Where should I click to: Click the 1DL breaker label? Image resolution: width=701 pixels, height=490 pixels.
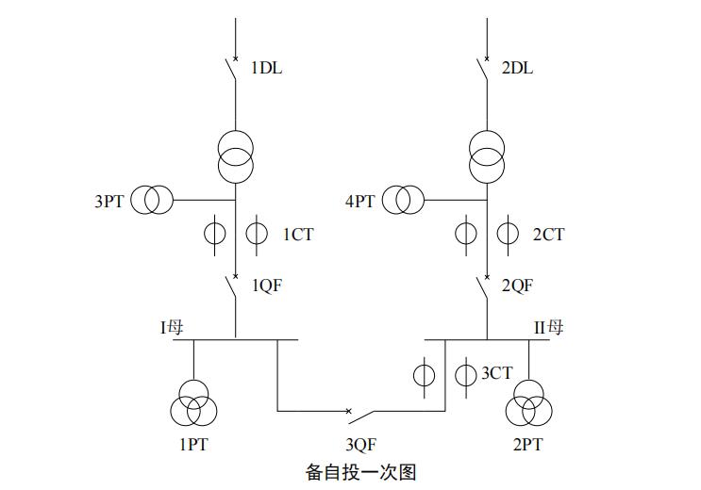[266, 68]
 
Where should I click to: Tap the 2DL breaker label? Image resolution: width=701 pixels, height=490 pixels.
[517, 68]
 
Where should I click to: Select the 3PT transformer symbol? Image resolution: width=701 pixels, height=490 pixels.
[152, 200]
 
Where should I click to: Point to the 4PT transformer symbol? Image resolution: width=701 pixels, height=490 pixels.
[403, 200]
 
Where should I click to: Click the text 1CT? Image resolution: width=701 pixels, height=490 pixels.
[297, 235]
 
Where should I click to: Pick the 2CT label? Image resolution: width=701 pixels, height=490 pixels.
[548, 235]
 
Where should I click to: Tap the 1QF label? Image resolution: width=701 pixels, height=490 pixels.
[266, 286]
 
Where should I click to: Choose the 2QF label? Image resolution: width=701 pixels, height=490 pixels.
[517, 286]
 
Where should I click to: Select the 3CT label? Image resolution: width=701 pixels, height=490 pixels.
[497, 373]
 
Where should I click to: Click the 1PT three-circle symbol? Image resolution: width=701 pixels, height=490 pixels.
[193, 405]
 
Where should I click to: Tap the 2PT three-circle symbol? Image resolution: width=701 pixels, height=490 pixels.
[527, 405]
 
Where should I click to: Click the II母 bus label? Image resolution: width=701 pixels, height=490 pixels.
[549, 328]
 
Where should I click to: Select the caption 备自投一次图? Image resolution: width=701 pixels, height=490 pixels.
[361, 472]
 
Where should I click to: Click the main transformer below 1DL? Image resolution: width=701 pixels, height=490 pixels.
[236, 156]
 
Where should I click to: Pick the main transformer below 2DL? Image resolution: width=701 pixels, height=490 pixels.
[487, 156]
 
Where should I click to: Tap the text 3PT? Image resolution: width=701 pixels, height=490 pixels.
[108, 201]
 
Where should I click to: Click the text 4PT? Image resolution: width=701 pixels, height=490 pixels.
[360, 201]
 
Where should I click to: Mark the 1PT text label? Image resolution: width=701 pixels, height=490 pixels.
[192, 445]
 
